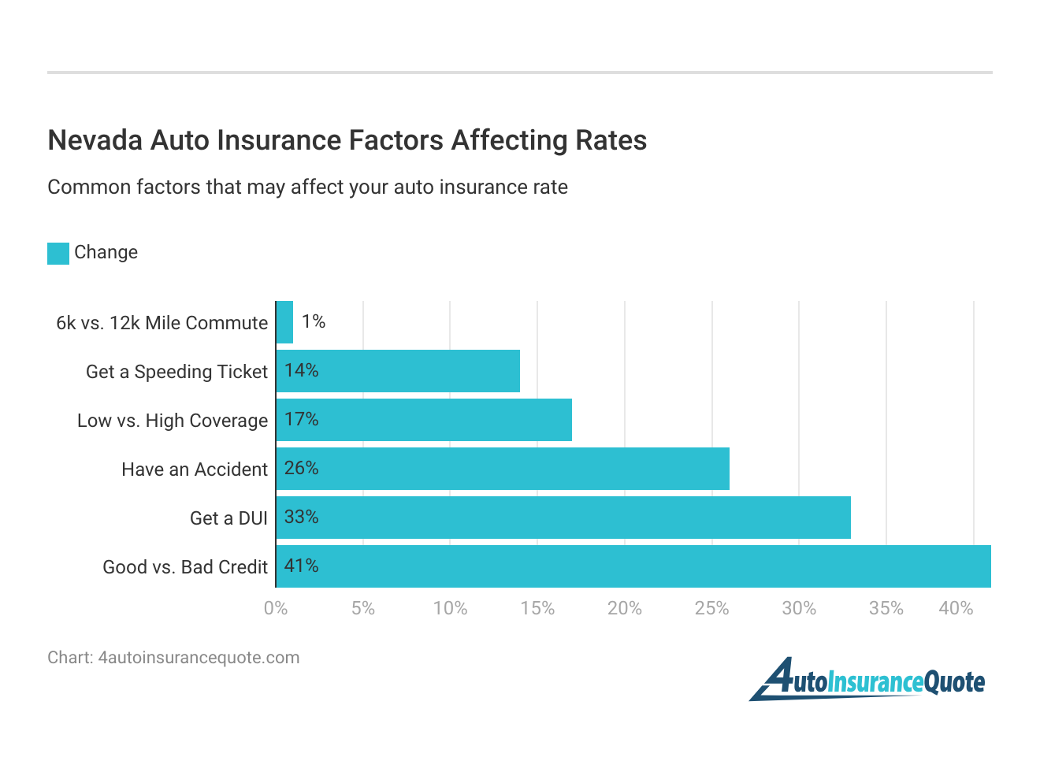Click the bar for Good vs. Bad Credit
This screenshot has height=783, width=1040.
point(633,566)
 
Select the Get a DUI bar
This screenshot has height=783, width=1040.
point(563,518)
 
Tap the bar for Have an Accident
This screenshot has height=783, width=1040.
point(503,469)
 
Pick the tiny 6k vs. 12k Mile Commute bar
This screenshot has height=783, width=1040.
point(284,322)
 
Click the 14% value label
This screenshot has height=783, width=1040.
point(301,370)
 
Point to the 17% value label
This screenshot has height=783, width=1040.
point(301,419)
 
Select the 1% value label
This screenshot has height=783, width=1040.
point(314,321)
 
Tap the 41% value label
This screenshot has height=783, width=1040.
point(301,566)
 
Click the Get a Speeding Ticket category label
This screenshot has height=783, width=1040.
point(176,372)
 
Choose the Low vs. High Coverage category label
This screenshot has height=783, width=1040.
point(173,421)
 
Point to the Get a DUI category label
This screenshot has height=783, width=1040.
point(228,518)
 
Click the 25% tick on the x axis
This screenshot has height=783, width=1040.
point(711,608)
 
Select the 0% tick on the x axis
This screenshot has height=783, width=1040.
point(276,608)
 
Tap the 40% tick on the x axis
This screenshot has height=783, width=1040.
point(956,608)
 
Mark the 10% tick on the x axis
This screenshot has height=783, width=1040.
point(450,608)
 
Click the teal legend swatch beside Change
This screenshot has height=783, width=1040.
point(58,253)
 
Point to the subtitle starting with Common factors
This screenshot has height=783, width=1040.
point(307,187)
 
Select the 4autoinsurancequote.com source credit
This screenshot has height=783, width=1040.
point(173,658)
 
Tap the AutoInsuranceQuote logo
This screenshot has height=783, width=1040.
point(867,680)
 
